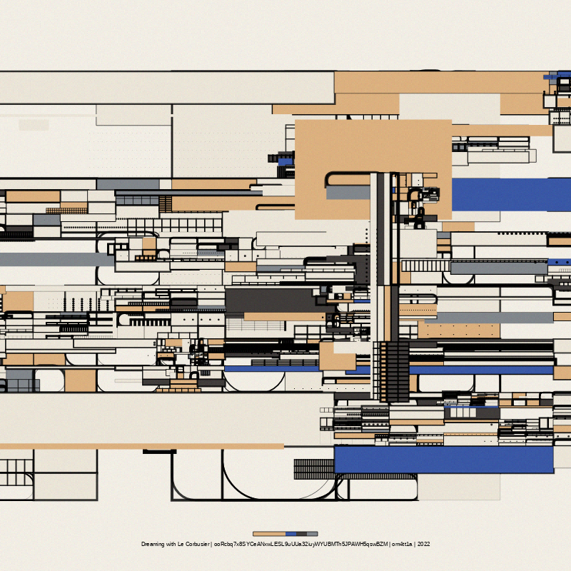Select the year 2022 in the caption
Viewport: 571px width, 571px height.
(x=423, y=544)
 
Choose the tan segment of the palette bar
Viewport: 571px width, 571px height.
(x=269, y=534)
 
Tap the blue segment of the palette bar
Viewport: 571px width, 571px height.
(x=290, y=534)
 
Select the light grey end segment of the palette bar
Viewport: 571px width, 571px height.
(x=313, y=534)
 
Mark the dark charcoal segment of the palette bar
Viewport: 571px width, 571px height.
(x=301, y=534)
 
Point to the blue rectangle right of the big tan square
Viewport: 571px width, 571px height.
(x=510, y=194)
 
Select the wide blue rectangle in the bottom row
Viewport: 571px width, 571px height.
(x=443, y=459)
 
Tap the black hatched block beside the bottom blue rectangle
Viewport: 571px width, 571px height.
(x=313, y=469)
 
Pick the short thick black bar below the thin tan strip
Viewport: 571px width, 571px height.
(x=159, y=452)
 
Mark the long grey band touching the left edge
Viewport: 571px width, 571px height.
(x=57, y=259)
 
